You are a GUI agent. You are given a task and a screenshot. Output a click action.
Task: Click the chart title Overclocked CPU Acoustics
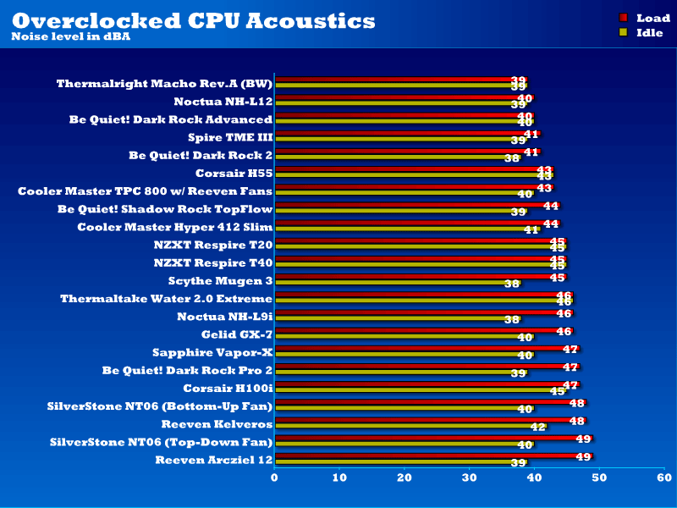(x=194, y=20)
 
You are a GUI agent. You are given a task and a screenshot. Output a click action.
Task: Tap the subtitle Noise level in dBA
(x=71, y=36)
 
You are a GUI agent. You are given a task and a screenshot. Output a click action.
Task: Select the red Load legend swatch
(x=624, y=17)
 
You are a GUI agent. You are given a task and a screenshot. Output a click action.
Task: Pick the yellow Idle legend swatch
(x=624, y=33)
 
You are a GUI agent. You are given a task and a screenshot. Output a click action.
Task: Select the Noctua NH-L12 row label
(x=223, y=102)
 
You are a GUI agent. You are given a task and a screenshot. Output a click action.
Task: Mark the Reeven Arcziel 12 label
(x=214, y=460)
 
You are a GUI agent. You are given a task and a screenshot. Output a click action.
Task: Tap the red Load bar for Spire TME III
(x=406, y=134)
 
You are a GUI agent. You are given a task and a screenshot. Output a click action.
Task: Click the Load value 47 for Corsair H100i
(x=570, y=384)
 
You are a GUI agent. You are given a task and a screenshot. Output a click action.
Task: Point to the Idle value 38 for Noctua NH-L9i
(x=511, y=320)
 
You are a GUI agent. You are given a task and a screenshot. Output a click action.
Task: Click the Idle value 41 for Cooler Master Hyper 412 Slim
(x=531, y=230)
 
